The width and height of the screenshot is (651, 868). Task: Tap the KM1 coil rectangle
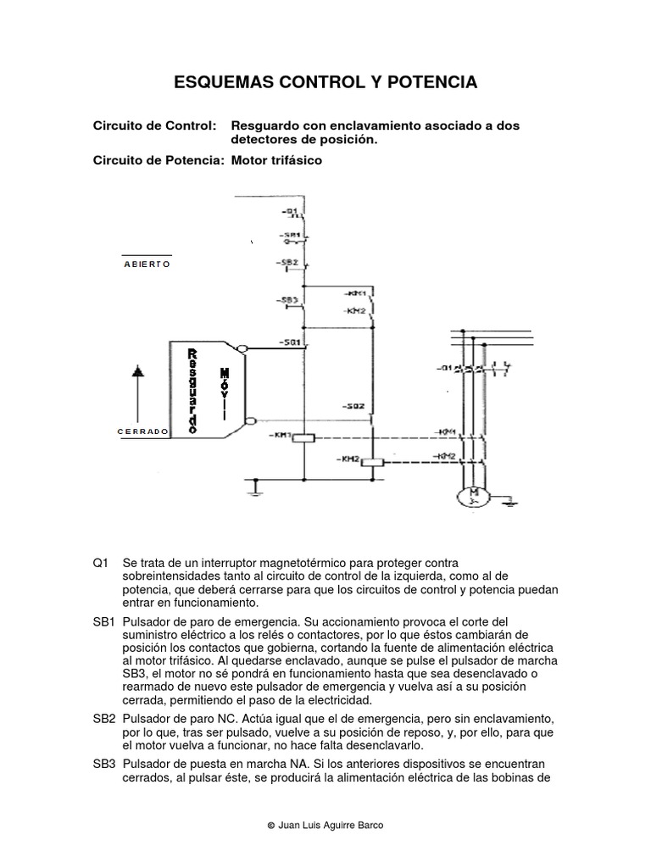point(304,437)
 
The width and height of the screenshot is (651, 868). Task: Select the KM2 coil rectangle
point(374,462)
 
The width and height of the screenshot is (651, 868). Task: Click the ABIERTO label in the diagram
point(147,264)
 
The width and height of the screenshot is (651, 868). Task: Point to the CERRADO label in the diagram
point(143,431)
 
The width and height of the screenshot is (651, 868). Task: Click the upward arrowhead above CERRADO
point(138,371)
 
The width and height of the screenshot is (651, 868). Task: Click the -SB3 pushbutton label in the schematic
point(287,300)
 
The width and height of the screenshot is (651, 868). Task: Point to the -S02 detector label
point(354,406)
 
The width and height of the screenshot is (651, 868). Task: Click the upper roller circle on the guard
point(242,348)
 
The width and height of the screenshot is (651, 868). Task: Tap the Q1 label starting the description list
point(102,564)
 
